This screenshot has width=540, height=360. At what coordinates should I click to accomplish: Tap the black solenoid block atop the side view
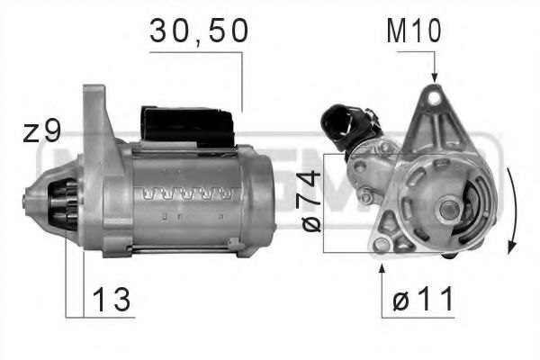[x=185, y=126]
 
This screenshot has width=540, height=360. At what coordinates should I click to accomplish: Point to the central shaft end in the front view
[x=447, y=210]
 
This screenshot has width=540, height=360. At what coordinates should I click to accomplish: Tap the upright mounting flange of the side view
[x=94, y=135]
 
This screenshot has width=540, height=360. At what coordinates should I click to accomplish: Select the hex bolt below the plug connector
[x=366, y=196]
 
